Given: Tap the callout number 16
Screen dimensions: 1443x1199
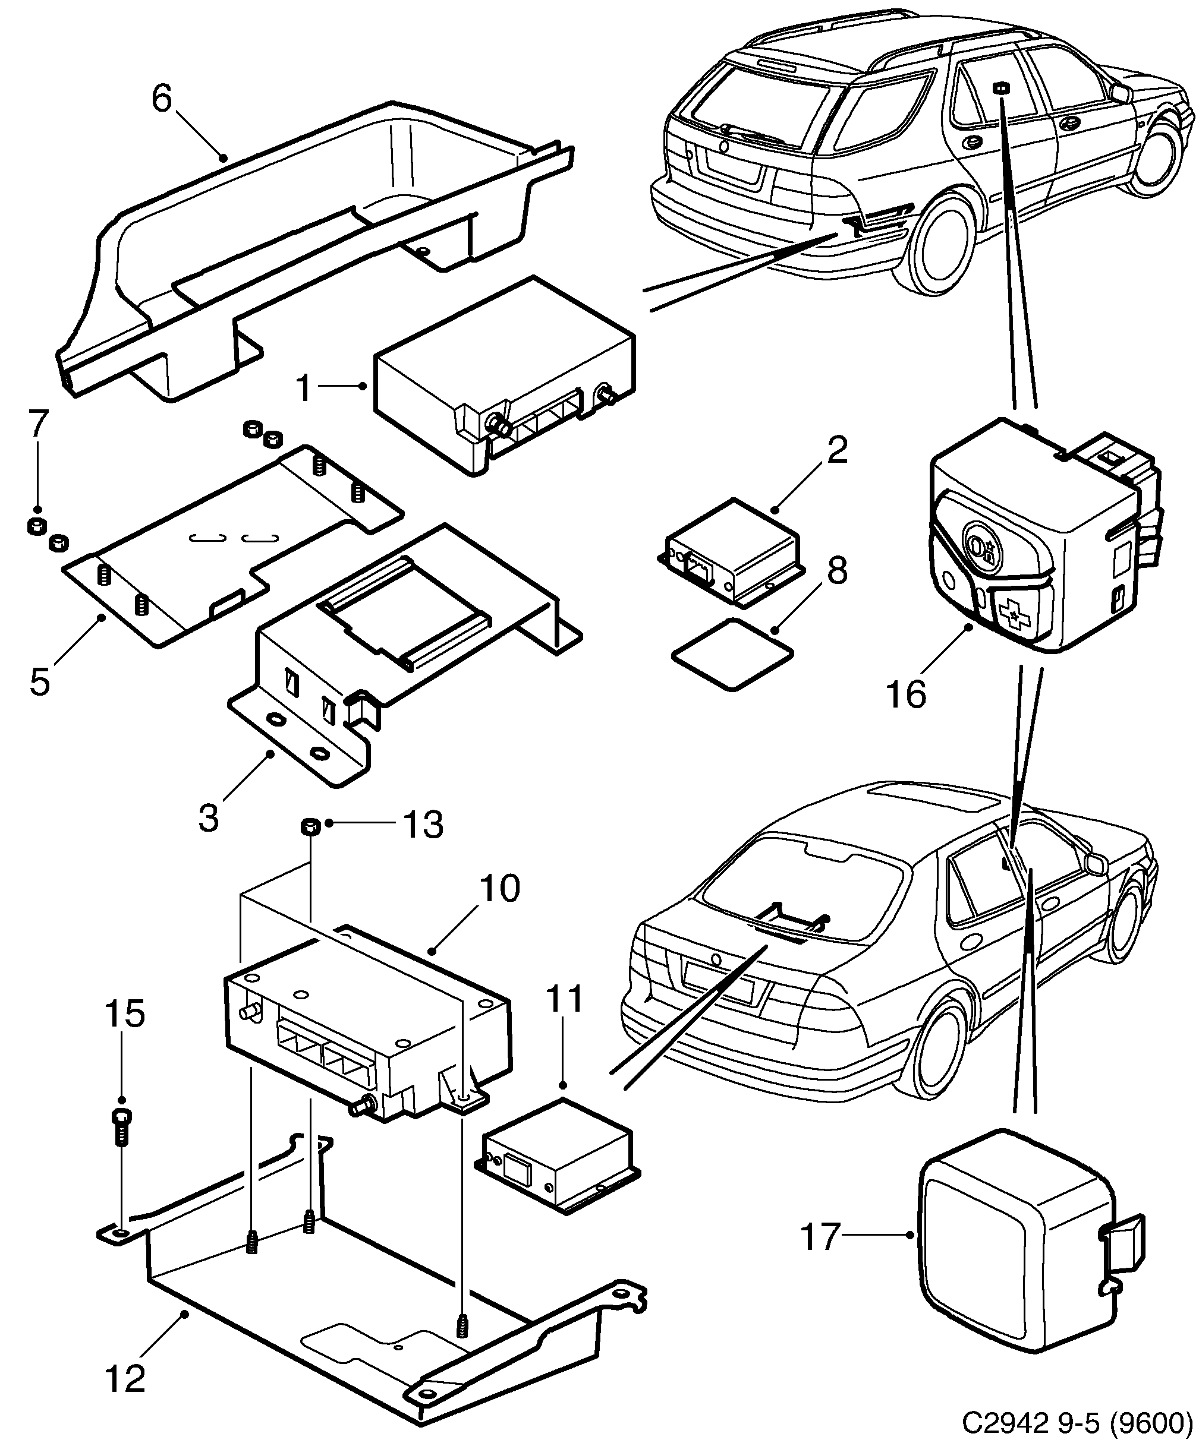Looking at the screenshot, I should click(905, 694).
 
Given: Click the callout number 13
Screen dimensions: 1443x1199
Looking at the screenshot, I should click(423, 825).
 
